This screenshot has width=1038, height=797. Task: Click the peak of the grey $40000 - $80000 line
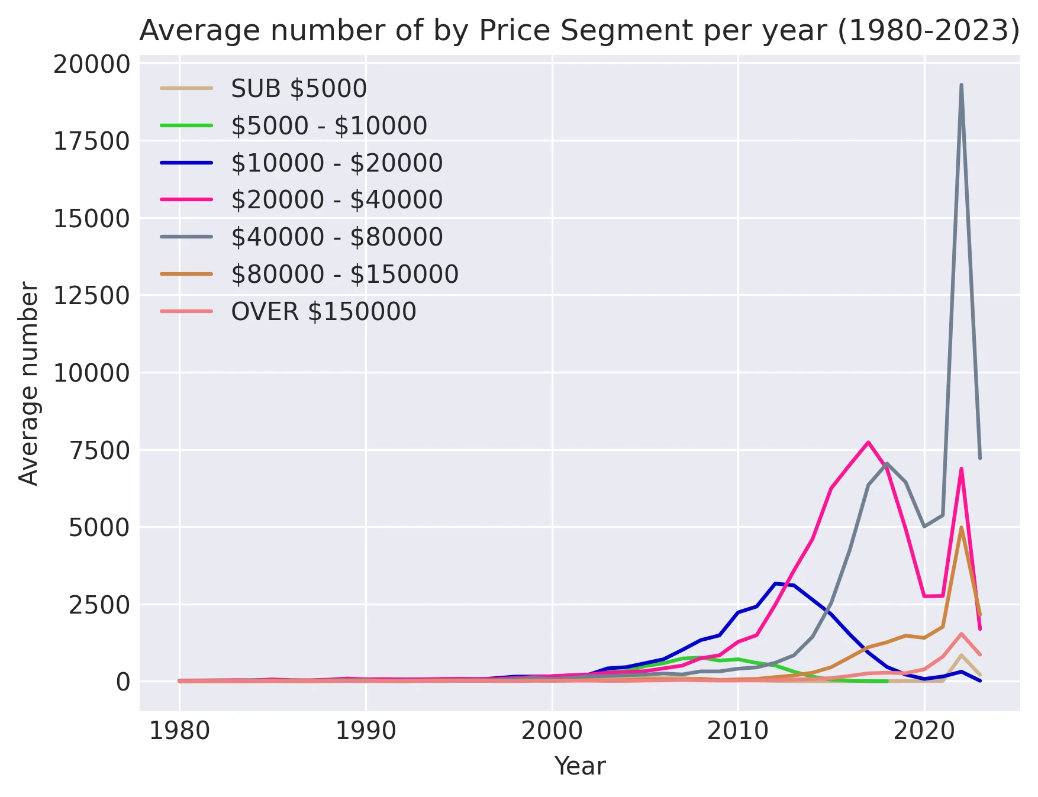[x=961, y=85]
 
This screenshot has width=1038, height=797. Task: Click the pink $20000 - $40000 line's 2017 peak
[x=868, y=442]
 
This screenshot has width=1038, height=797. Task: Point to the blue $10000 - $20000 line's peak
[x=775, y=583]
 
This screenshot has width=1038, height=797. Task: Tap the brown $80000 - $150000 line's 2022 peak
[x=961, y=527]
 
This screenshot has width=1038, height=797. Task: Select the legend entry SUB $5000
[x=299, y=89]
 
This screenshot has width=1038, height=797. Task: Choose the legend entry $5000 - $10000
[x=329, y=126]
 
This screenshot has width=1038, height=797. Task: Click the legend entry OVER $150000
[x=324, y=312]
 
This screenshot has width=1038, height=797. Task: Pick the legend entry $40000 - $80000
[x=337, y=237]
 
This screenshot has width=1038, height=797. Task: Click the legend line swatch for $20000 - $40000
[x=186, y=200]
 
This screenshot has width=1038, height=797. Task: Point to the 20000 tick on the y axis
[x=91, y=64]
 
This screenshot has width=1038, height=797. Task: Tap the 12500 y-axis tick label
[x=91, y=295]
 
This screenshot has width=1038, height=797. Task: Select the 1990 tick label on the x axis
[x=366, y=731]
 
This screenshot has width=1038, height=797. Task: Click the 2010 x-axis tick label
[x=738, y=731]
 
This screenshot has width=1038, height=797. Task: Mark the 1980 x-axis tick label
[x=179, y=731]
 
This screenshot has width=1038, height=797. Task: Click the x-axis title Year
[x=579, y=766]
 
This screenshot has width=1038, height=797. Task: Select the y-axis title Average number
[x=28, y=383]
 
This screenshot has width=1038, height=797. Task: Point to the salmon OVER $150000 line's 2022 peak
[x=961, y=634]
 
